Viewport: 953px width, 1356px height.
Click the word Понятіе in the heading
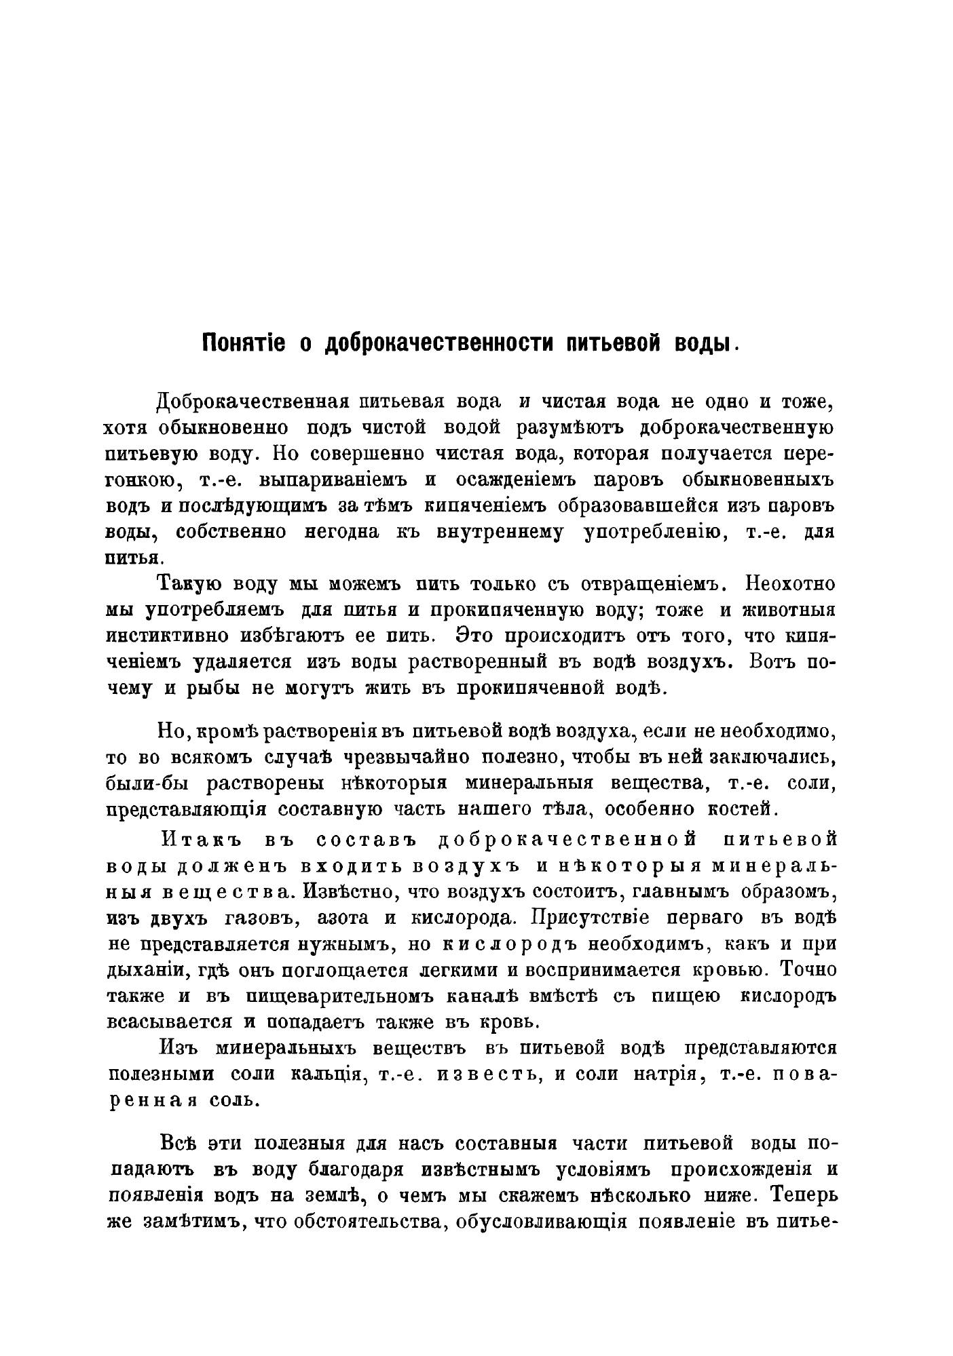click(x=243, y=343)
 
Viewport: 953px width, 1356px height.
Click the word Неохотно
click(x=790, y=584)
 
